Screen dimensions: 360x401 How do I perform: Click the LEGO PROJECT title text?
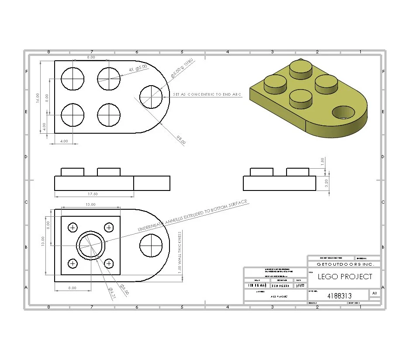[x=345, y=277]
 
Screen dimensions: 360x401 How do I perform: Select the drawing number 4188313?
[x=339, y=296]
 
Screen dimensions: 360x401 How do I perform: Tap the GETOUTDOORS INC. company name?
[x=344, y=265]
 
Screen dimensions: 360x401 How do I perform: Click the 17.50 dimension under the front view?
[x=93, y=194]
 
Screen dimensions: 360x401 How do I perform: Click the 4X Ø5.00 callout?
[x=138, y=69]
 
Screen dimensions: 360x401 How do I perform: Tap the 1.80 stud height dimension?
[x=323, y=161]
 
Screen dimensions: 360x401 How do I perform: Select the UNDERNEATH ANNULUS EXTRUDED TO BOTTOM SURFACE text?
[x=192, y=216]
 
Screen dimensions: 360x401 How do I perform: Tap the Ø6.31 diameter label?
[x=112, y=293]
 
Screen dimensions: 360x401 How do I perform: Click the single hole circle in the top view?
[x=151, y=97]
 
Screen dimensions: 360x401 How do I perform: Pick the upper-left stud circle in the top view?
[x=72, y=79]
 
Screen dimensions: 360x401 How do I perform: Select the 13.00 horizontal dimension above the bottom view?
[x=90, y=204]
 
